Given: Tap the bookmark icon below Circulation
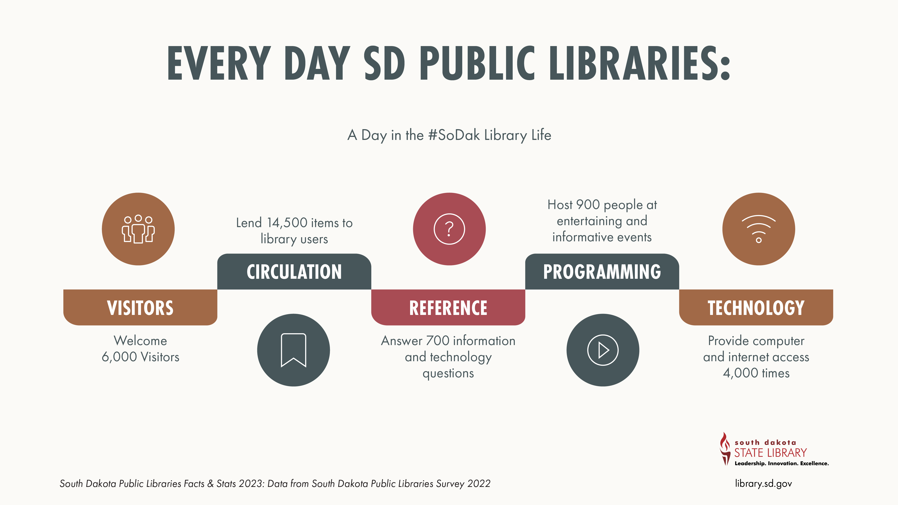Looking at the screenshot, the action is click(x=294, y=350).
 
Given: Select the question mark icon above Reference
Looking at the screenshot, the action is click(x=449, y=229).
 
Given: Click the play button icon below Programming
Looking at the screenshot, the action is click(x=603, y=350).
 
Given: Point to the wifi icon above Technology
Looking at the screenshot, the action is click(x=759, y=229).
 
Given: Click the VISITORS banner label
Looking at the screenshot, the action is click(x=140, y=308).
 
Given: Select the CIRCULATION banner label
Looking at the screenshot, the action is click(x=294, y=272).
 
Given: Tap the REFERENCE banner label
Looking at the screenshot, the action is click(x=448, y=308).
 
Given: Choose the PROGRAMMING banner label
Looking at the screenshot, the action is click(x=602, y=272).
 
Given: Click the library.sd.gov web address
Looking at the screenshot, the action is click(x=764, y=483).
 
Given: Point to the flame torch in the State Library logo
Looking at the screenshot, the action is click(x=725, y=449).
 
